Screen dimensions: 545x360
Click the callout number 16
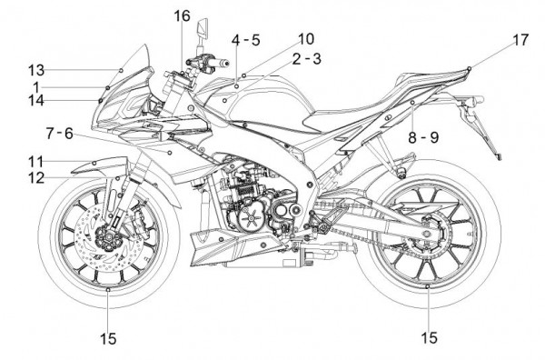[183, 15]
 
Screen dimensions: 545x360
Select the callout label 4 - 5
[246, 40]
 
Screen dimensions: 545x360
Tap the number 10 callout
[306, 39]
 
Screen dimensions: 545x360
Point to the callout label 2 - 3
[307, 59]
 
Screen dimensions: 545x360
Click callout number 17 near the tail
[520, 40]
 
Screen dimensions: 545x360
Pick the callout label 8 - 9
[423, 138]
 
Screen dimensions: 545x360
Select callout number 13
[36, 71]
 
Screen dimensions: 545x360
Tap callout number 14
[36, 101]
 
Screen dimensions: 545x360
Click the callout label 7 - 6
[59, 134]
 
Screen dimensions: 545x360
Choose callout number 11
[35, 162]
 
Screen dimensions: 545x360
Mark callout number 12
[36, 178]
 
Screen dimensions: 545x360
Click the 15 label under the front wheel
[108, 338]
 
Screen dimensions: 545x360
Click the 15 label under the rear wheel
[429, 337]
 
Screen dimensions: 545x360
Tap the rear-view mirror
[203, 28]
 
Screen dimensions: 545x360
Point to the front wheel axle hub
[108, 236]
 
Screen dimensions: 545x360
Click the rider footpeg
[324, 229]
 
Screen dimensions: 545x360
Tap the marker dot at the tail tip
[470, 68]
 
